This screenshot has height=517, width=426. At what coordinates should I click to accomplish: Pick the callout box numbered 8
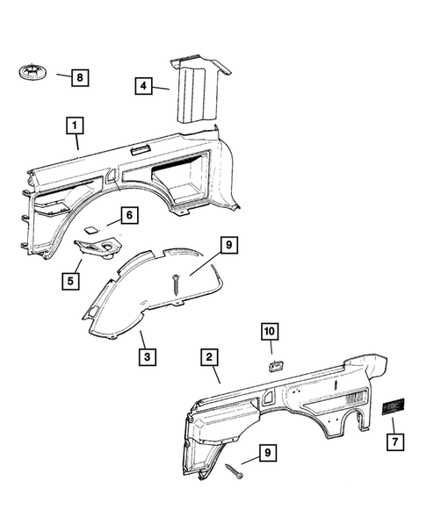[78, 78]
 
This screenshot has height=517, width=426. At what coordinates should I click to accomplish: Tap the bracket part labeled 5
[98, 248]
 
